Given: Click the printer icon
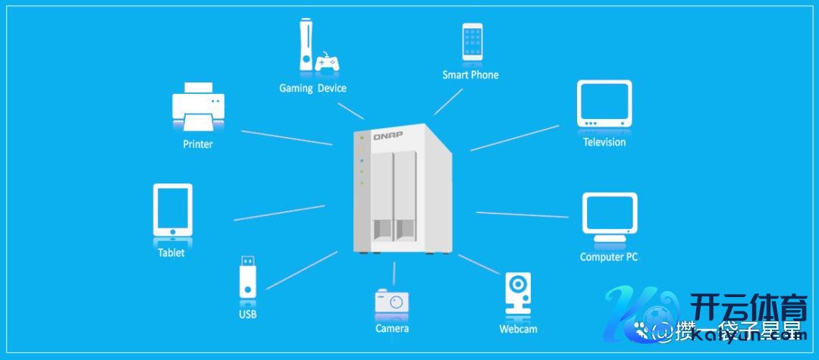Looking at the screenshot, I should click(198, 106).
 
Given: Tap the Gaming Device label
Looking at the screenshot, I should click(312, 88).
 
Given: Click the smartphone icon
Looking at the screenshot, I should click(472, 42).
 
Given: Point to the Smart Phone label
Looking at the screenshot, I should click(470, 75).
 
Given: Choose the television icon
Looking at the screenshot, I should click(604, 103).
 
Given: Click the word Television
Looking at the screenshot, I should click(604, 142).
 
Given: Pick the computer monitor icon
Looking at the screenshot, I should click(609, 217).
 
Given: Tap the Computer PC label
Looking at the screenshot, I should click(608, 257).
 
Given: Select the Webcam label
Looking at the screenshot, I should click(518, 329).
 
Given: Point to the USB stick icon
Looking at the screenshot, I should click(248, 276).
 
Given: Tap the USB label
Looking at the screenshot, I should click(247, 314).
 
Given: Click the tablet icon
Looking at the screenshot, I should click(172, 210).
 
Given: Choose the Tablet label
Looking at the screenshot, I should click(171, 252).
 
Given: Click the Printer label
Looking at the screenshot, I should click(198, 144).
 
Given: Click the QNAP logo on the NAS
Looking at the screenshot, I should click(388, 136).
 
